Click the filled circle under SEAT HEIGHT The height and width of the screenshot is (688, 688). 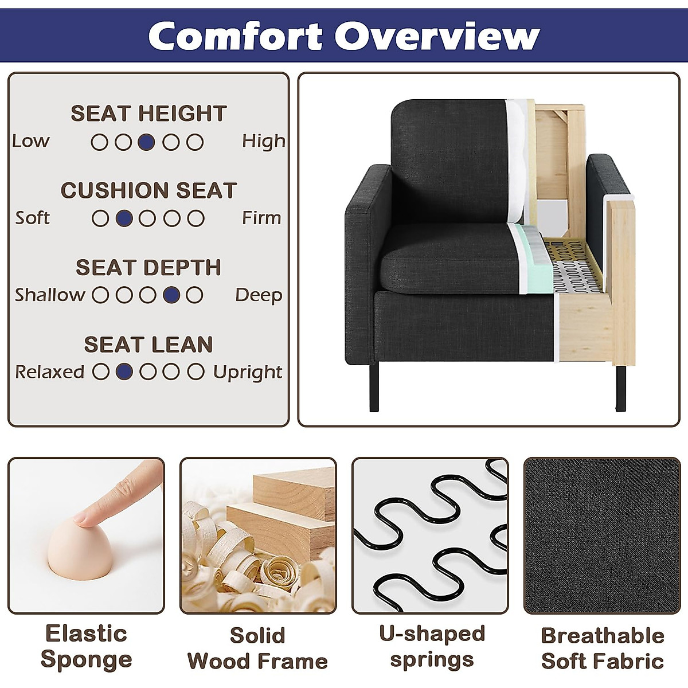(x=147, y=142)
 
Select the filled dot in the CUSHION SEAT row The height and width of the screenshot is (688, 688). (x=124, y=218)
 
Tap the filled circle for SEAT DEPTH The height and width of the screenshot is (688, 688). (x=171, y=295)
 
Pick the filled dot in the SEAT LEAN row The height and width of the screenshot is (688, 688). (x=124, y=372)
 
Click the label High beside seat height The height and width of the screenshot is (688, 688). (x=263, y=141)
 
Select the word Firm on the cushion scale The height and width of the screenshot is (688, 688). (x=261, y=218)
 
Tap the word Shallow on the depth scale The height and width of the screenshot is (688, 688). (x=50, y=295)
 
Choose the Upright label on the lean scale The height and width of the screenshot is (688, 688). (x=248, y=372)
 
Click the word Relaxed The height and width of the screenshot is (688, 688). (x=49, y=372)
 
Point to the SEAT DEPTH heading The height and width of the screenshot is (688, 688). (x=148, y=267)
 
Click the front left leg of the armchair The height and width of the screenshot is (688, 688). (x=374, y=387)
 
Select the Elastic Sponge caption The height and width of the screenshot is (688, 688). (x=86, y=646)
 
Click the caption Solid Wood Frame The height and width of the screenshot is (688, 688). (x=257, y=648)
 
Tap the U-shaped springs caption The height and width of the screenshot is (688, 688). (x=432, y=646)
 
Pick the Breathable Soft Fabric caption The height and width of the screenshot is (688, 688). (x=603, y=648)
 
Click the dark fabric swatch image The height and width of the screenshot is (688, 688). (x=602, y=535)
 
